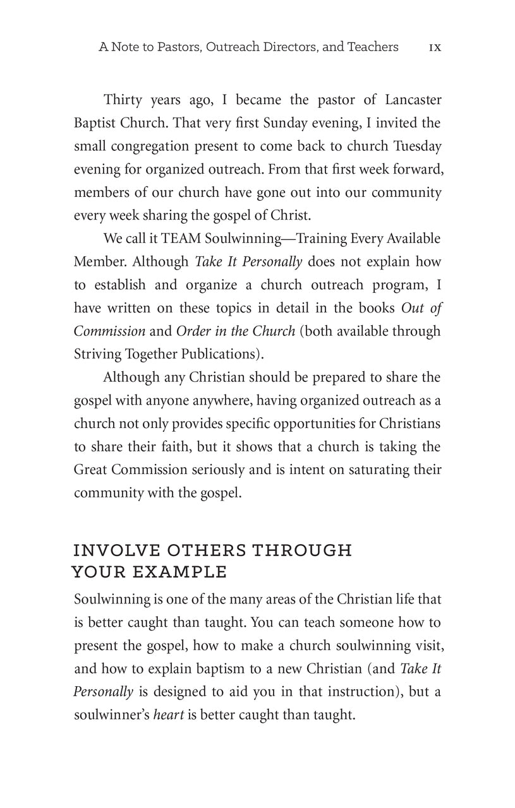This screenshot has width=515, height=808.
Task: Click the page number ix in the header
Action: tap(435, 47)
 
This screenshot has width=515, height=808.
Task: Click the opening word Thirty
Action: tap(123, 100)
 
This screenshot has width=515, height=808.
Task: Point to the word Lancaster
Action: tap(405, 100)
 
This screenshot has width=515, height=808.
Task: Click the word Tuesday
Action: tap(417, 146)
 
